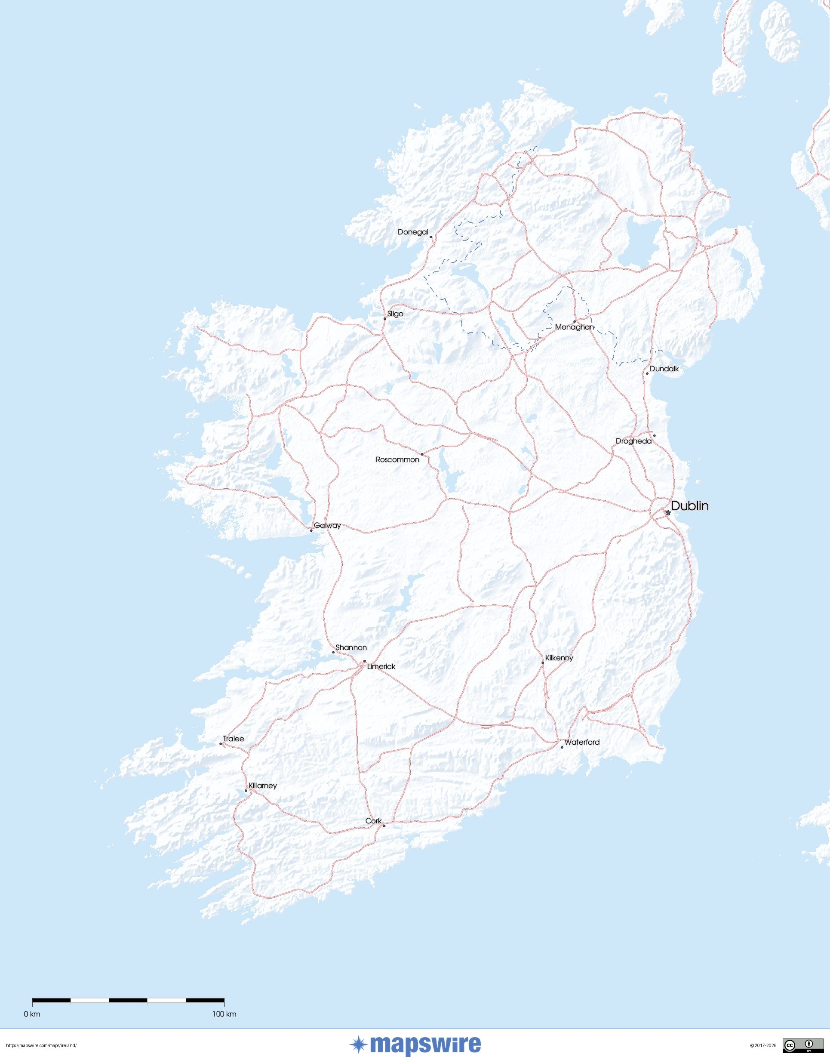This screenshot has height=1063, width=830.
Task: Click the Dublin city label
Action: coord(689,506)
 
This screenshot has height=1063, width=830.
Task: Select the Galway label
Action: coord(327,525)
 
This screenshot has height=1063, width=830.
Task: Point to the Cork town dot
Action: coord(384,826)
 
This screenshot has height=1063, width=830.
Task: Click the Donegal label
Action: coord(412,232)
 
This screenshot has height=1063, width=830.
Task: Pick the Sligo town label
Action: coord(395,314)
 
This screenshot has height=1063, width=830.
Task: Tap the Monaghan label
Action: coord(574,327)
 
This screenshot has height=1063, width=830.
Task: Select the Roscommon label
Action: coord(397,459)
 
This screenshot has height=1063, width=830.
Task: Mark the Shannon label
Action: coord(351,647)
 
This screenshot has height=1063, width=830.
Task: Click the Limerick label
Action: coord(381,666)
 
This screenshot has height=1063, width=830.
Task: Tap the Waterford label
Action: coord(582,742)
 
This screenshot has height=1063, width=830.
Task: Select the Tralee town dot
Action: coord(220,744)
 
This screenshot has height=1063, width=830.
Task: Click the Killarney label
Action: coord(262,785)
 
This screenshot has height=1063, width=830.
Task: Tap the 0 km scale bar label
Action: coord(32,1014)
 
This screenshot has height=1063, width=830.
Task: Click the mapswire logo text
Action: coord(425,1045)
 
